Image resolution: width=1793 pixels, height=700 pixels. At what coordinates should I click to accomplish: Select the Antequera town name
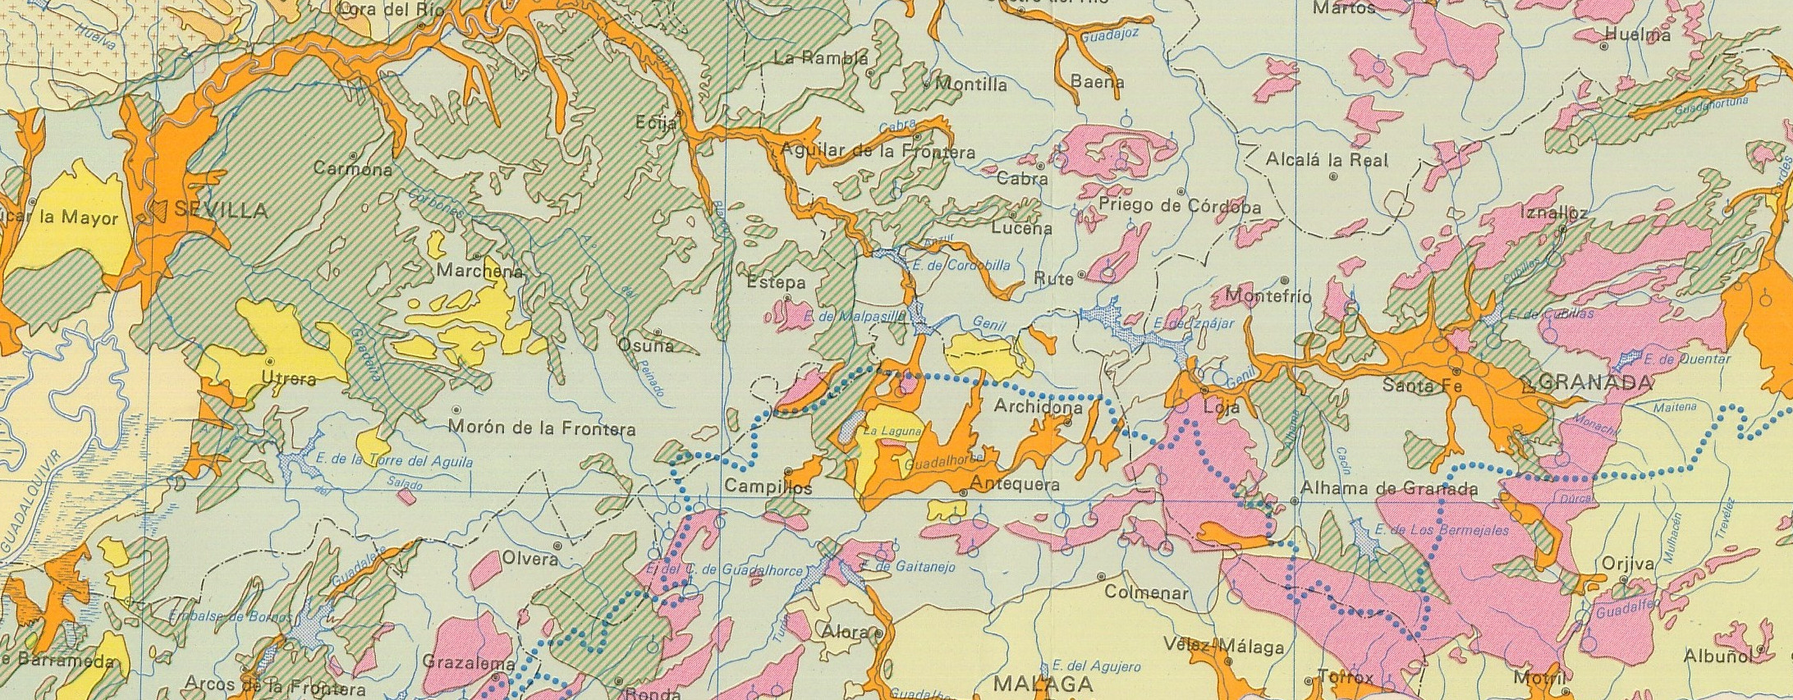coord(1015,485)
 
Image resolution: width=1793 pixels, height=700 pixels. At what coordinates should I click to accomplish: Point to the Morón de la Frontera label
coord(542,428)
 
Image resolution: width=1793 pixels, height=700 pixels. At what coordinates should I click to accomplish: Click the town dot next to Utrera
coord(270,360)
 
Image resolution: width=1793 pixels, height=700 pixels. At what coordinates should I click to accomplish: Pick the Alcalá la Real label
coord(1327,160)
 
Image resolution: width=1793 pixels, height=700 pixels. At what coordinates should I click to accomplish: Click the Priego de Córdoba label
coord(1179,206)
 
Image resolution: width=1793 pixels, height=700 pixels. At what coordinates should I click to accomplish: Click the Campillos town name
coord(768,487)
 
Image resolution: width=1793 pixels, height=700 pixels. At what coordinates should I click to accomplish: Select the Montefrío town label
coord(1268,296)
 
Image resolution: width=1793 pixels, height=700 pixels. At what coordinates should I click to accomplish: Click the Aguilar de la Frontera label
coord(878,152)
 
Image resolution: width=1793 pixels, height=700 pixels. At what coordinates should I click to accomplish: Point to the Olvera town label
coord(530,560)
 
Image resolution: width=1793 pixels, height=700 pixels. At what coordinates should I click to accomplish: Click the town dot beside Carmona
coord(354,155)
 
